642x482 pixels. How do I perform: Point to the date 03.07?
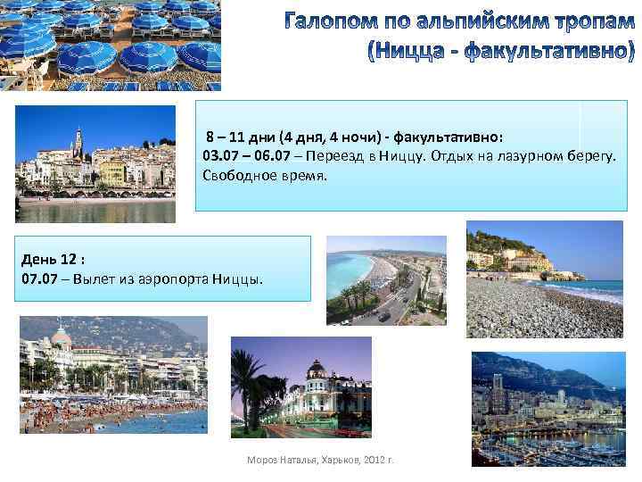coord(218,157)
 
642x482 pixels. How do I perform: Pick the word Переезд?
coord(325,157)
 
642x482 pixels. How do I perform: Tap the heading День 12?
coord(53,260)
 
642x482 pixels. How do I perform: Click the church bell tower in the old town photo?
coord(78,141)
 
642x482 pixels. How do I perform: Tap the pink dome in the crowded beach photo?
coord(61,337)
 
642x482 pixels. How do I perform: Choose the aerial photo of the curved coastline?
coord(385,278)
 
